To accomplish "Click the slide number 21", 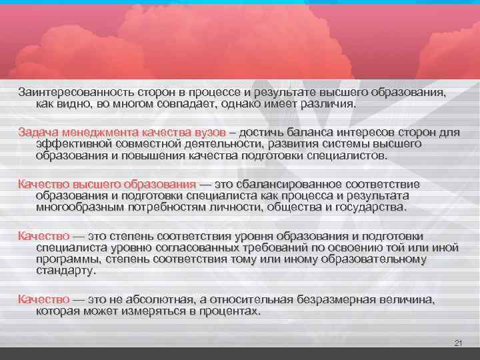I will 457,343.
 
